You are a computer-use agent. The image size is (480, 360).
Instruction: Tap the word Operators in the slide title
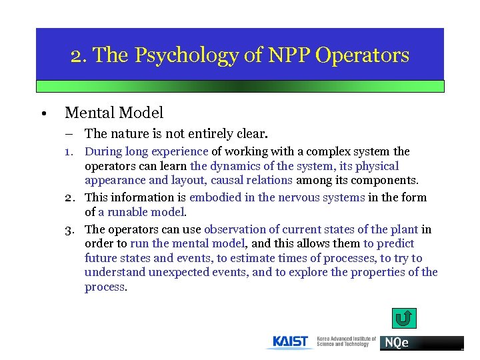click(363, 55)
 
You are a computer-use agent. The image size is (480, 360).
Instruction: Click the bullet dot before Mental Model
click(43, 114)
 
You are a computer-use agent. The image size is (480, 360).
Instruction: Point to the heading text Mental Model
click(114, 113)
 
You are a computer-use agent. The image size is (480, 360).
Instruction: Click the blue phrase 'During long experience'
click(147, 151)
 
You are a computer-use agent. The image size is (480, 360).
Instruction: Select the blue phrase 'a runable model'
click(142, 212)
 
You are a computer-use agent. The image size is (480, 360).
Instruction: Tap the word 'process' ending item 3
click(104, 287)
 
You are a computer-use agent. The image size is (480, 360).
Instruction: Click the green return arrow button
click(403, 319)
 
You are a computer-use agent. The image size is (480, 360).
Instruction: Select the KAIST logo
click(291, 342)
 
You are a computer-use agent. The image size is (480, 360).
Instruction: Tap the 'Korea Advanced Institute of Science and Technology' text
click(346, 342)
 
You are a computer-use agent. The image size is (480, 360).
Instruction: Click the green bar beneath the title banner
click(240, 86)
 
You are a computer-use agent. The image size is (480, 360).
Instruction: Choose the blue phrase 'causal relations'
click(251, 180)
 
